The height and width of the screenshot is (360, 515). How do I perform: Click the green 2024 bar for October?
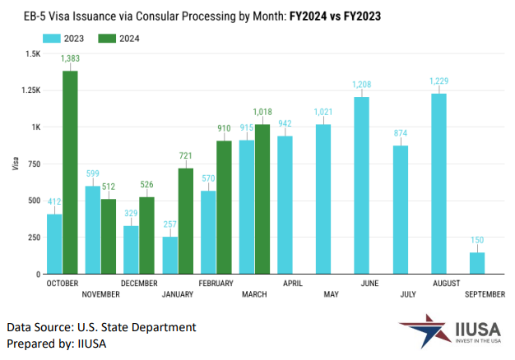click(x=71, y=173)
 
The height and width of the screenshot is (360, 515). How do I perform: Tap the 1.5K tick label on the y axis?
click(x=32, y=53)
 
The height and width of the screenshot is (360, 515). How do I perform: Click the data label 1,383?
click(x=71, y=61)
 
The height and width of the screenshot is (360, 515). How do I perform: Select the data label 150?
click(x=478, y=241)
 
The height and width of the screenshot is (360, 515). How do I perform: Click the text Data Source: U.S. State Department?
click(x=101, y=327)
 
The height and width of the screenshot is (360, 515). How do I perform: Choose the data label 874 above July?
click(x=401, y=133)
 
